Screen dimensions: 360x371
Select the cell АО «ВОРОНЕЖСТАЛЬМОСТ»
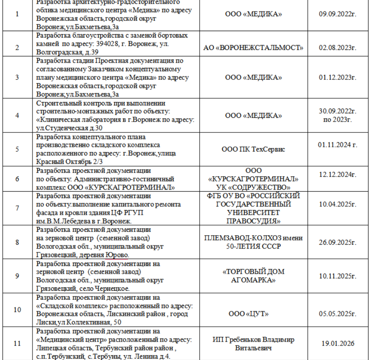(253, 47)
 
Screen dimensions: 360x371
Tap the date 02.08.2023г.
(338, 47)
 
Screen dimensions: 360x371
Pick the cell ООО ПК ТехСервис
(253, 149)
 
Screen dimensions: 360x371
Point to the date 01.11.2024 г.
(338, 145)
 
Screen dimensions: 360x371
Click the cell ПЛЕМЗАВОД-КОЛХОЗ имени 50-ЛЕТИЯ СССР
(253, 242)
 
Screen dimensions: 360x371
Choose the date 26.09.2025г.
(338, 242)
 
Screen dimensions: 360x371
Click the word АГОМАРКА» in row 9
(253, 280)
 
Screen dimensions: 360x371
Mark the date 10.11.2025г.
(338, 276)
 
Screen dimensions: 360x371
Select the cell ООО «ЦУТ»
(253, 314)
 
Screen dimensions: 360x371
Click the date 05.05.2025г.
(338, 314)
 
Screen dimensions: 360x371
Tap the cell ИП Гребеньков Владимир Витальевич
(253, 344)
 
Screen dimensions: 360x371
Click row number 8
(17, 242)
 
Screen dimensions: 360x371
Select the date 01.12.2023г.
(338, 78)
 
